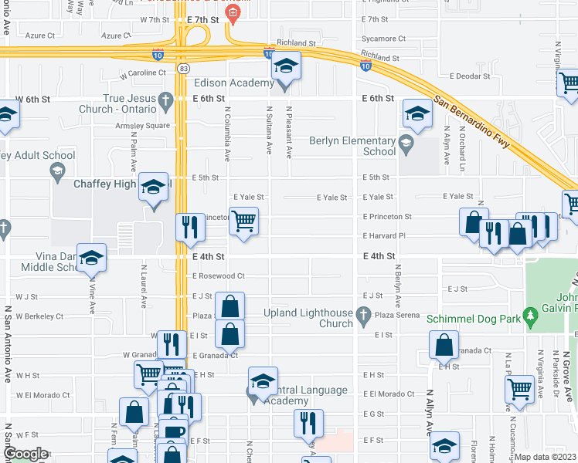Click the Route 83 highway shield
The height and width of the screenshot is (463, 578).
(x=182, y=69)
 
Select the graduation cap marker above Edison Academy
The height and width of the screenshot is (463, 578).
(x=286, y=66)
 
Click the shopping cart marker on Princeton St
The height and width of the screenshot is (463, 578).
(x=243, y=221)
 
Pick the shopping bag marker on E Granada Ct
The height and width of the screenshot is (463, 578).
(x=229, y=333)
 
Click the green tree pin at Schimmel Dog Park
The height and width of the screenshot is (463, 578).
(x=530, y=316)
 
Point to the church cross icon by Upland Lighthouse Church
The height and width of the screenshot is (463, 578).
(x=366, y=315)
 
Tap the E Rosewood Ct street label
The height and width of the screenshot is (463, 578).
(x=219, y=275)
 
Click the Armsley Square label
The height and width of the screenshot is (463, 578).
(x=142, y=125)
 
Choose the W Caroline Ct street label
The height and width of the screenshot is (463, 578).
(x=143, y=73)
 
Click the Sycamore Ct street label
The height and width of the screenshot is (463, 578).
(x=384, y=39)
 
